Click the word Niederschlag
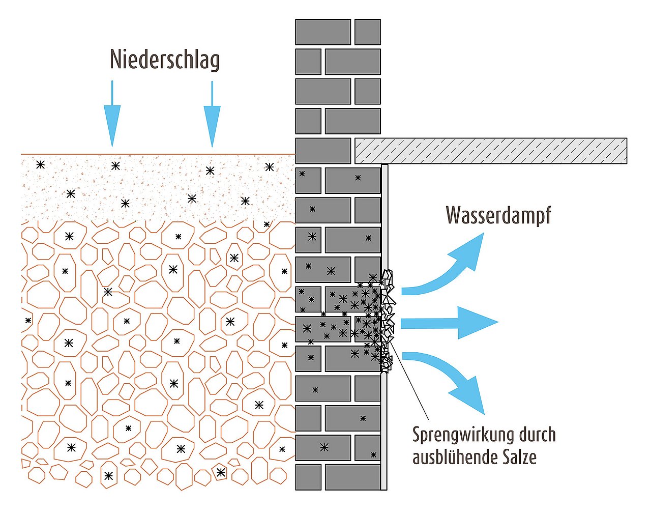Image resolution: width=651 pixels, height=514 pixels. [x=164, y=59]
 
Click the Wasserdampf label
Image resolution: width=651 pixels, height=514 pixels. [x=498, y=215]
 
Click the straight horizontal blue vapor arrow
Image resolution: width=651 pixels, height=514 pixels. [x=448, y=323]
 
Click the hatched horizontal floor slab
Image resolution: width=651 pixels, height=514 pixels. [x=491, y=151]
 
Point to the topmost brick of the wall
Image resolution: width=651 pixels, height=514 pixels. [x=323, y=32]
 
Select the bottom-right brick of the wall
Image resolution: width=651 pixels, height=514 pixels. [x=353, y=477]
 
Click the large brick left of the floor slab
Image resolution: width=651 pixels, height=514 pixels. [x=323, y=151]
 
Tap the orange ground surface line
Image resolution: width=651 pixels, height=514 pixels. [x=153, y=154]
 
